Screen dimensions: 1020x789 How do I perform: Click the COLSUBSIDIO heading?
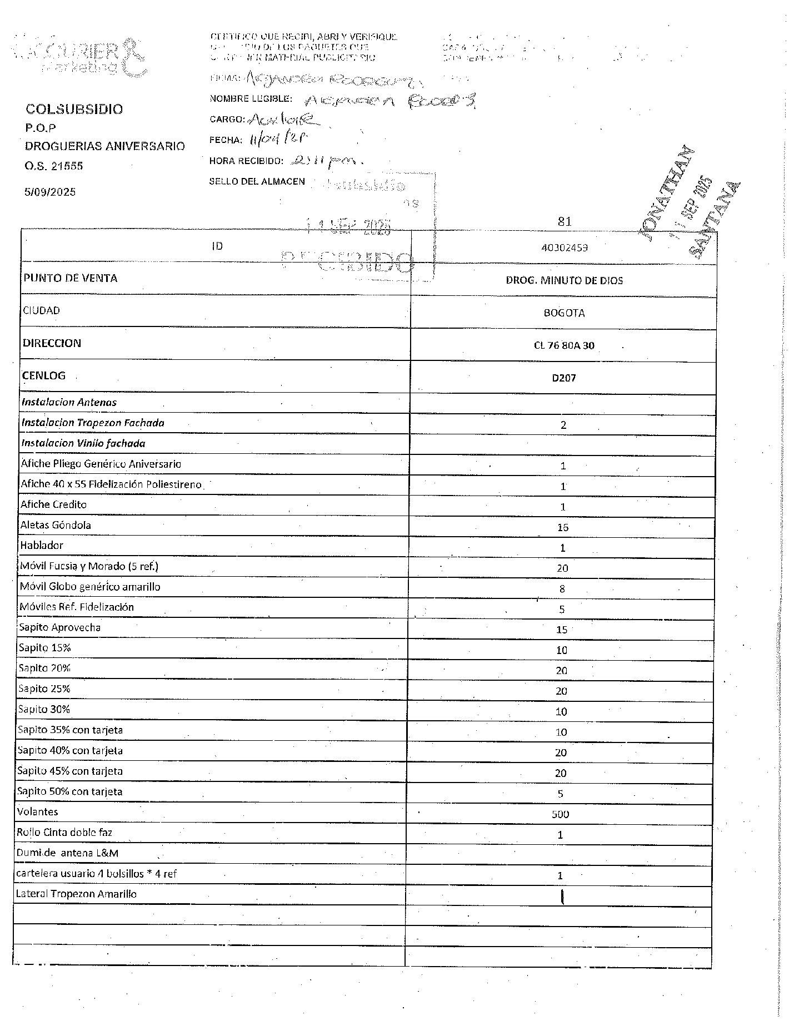coord(74,109)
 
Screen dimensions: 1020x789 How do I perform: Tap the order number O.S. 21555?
coord(54,166)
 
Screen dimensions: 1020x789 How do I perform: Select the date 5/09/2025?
coord(50,192)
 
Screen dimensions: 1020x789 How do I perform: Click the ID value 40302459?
coord(564,247)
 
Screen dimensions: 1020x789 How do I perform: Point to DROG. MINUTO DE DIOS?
coord(564,280)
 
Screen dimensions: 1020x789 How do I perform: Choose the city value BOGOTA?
coord(564,313)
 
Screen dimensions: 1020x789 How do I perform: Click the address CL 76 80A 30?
coord(564,345)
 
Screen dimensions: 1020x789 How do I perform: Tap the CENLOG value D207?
coord(564,378)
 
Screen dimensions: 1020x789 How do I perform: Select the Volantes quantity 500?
coord(560,814)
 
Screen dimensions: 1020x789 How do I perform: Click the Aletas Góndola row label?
coord(56,525)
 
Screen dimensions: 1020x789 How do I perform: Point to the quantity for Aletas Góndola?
coord(562,527)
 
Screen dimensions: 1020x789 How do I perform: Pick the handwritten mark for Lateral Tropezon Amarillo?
coord(562,896)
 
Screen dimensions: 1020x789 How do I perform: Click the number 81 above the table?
coord(564,221)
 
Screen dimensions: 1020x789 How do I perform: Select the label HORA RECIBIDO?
coord(246,161)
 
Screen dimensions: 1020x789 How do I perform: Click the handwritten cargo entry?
coord(283,118)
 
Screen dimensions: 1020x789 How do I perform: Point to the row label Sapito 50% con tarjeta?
coord(70,791)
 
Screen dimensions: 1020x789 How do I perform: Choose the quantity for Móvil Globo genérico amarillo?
coord(562,589)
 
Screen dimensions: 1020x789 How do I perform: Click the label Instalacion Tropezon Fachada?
coord(93,423)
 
